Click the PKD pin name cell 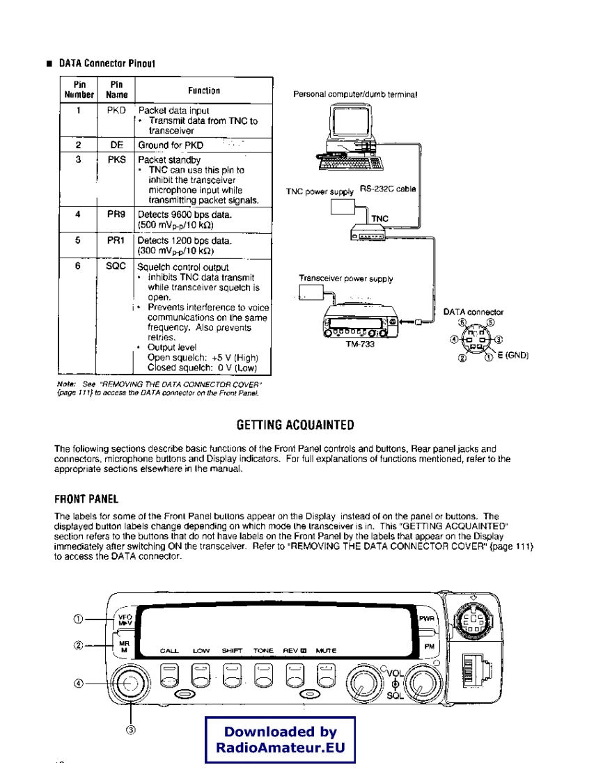[116, 111]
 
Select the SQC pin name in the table [116, 266]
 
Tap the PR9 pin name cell [116, 215]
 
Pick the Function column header [203, 90]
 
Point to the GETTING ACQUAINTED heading [296, 425]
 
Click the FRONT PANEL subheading [87, 498]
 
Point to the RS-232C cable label [388, 189]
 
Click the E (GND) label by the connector [513, 356]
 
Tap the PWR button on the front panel [426, 617]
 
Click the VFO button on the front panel [125, 618]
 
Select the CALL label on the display [170, 651]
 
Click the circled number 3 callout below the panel [130, 729]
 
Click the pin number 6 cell [79, 266]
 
